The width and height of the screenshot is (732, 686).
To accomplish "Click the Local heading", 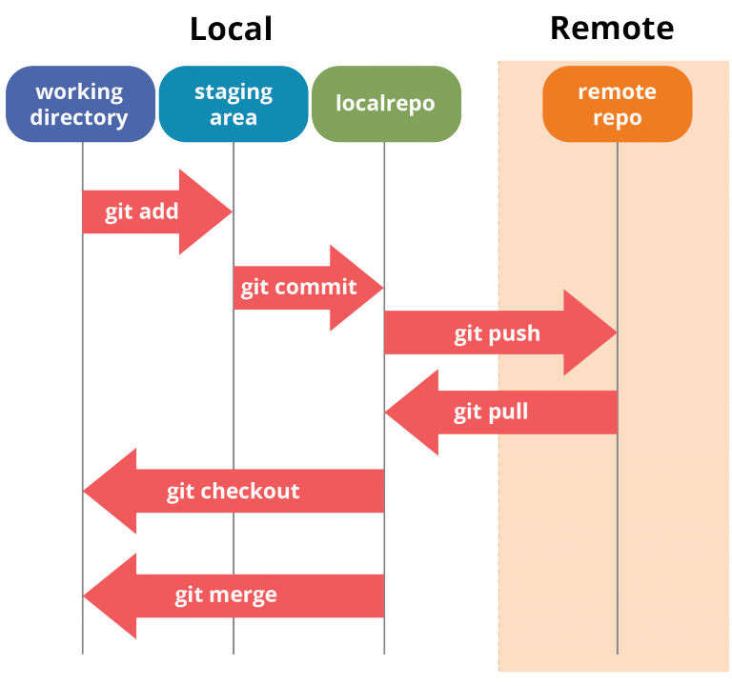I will [231, 29].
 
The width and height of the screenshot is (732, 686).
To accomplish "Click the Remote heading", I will [612, 29].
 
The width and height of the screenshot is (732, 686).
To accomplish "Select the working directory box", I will [80, 104].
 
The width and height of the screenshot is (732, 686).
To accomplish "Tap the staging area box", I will [234, 104].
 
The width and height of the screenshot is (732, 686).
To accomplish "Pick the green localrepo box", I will [386, 104].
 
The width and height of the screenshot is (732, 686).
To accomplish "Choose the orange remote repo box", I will [617, 104].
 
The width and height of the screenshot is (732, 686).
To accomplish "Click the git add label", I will [141, 212].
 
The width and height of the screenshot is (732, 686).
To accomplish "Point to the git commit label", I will [298, 287].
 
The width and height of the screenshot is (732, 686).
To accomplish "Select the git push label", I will [497, 333].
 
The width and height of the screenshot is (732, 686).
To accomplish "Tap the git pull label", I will [491, 412].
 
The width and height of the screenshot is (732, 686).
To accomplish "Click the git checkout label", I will [233, 491].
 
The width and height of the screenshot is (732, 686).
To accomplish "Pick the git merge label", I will [226, 595].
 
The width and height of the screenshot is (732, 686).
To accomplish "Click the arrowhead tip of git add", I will [232, 212].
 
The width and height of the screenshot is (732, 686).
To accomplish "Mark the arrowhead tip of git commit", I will [382, 287].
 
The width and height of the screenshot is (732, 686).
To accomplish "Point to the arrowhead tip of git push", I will [616, 333].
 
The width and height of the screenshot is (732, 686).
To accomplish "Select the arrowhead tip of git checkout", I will [84, 491].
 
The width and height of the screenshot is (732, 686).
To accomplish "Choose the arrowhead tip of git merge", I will [84, 595].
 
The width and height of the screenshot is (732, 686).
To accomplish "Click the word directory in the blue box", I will [80, 117].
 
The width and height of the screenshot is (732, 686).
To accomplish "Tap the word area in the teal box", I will [234, 117].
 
